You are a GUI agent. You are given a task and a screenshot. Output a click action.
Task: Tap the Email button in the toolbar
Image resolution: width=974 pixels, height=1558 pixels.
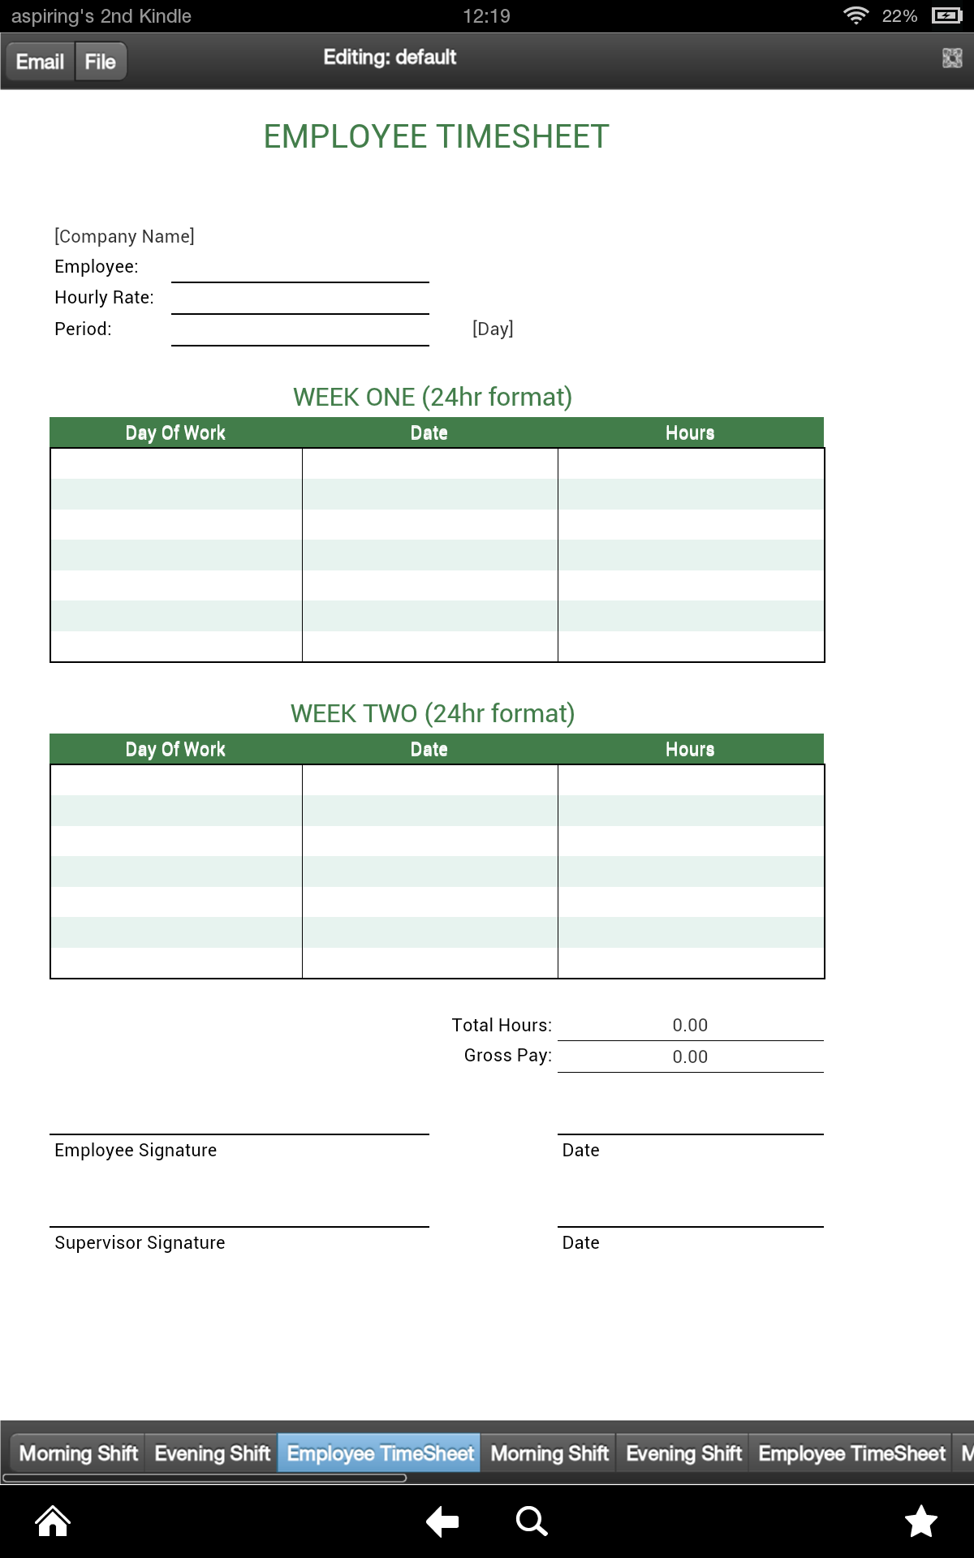pos(40,62)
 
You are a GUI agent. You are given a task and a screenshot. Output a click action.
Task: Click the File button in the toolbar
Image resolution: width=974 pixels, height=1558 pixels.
pos(101,62)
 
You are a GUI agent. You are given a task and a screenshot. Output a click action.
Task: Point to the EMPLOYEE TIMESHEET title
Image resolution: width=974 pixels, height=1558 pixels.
pos(436,136)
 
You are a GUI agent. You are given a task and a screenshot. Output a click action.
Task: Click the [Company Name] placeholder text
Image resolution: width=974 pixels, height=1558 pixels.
pos(124,236)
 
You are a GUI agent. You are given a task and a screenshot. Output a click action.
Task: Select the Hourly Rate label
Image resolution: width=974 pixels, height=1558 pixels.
pos(104,298)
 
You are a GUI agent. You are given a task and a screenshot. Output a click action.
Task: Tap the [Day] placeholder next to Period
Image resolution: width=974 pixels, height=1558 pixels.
pos(493,329)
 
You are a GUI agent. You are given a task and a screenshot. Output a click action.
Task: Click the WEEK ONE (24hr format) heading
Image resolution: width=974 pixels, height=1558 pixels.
pos(433,397)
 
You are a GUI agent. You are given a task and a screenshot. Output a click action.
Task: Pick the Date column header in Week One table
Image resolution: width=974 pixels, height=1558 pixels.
pos(429,433)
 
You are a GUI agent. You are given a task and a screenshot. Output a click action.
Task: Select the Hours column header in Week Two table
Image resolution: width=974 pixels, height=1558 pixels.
pos(690,750)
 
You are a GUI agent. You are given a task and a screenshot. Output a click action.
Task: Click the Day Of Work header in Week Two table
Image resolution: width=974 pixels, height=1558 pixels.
pos(175,750)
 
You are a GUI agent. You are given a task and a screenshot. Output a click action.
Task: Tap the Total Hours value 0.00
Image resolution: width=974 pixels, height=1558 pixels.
pos(690,1026)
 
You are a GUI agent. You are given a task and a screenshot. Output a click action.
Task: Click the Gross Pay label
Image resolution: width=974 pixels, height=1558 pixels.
pos(507,1056)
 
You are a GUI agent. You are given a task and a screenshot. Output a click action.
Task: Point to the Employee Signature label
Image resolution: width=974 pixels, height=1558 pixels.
pos(136,1151)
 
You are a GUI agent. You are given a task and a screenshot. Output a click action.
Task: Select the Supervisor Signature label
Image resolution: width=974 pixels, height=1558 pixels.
pos(140,1243)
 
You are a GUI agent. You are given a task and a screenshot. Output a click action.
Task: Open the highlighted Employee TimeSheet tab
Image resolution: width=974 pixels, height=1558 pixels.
pos(380,1453)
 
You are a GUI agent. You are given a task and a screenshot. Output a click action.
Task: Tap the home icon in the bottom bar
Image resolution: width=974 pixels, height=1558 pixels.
pos(53,1521)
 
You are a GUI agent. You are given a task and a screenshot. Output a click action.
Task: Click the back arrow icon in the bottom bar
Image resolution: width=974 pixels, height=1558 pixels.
pos(442,1521)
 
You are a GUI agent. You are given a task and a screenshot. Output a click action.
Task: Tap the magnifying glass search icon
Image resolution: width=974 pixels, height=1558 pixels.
pos(532,1521)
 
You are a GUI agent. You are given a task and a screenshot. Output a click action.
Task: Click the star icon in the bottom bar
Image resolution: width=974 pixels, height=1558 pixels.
pos(921,1521)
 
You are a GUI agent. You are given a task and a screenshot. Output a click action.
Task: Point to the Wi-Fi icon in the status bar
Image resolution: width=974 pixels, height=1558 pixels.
pos(855,15)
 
